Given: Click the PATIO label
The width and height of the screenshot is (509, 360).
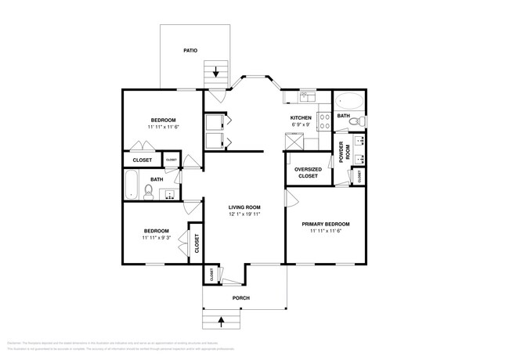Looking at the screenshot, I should click(x=190, y=50).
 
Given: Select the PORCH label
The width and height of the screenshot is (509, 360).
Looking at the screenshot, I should click(x=241, y=298).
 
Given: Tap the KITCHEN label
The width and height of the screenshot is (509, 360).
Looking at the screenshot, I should click(x=301, y=117).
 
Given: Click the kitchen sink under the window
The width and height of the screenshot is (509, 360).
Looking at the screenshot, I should click(x=306, y=98).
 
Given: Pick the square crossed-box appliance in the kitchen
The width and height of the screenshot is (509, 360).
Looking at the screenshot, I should click(x=295, y=139).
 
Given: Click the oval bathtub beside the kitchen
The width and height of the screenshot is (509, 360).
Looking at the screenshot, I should click(x=348, y=101).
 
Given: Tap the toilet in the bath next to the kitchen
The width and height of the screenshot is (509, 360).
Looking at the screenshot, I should click(x=356, y=122).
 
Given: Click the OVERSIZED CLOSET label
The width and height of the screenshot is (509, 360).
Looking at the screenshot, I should click(x=307, y=173).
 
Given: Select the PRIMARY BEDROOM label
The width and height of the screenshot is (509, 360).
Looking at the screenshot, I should click(x=326, y=224).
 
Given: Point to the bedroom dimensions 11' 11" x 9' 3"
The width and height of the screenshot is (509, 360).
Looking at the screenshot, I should click(x=156, y=238).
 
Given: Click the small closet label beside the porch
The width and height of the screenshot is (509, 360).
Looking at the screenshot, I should click(x=211, y=274).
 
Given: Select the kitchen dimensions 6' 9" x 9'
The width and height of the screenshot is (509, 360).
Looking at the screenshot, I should click(x=301, y=125).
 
